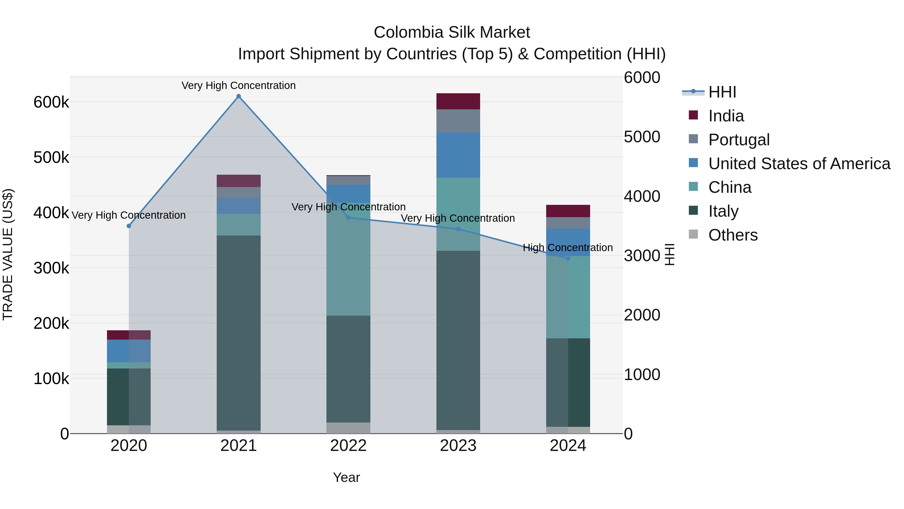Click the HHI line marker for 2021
[x=239, y=96]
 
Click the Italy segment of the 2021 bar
[x=239, y=333]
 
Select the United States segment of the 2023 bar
[x=458, y=155]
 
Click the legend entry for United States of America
[x=799, y=164]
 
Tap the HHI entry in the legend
[x=722, y=92]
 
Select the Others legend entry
[x=732, y=235]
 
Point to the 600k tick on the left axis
[x=51, y=103]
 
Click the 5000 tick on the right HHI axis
[x=642, y=137]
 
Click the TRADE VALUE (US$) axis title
[x=8, y=254]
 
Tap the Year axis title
[x=346, y=477]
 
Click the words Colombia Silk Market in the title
[x=452, y=32]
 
